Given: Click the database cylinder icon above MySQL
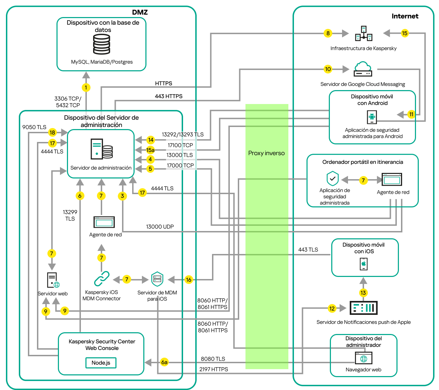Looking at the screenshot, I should [101, 44].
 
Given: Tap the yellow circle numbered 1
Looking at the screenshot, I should [86, 87].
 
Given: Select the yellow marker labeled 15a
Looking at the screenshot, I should [150, 150].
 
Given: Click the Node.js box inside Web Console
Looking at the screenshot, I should [101, 363].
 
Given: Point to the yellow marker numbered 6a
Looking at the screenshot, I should [164, 362].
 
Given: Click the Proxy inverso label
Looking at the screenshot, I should [266, 153].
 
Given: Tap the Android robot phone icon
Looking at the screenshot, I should [372, 117].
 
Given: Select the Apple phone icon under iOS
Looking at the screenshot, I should [364, 264].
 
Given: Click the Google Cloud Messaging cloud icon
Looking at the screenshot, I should [363, 69].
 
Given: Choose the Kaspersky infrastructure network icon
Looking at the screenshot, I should [364, 33].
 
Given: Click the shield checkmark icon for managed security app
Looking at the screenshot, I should [333, 179].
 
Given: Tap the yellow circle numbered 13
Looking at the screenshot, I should [363, 293].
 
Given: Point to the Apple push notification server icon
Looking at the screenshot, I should [363, 308].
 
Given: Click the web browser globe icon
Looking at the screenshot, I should [364, 358].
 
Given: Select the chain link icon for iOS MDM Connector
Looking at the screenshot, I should [101, 279].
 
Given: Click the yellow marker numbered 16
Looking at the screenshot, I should [189, 280].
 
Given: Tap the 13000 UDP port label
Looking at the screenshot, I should [160, 226].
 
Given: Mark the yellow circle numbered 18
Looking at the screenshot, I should [52, 132].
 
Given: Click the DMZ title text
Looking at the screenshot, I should [140, 12].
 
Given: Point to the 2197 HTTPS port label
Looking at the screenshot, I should [213, 369].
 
